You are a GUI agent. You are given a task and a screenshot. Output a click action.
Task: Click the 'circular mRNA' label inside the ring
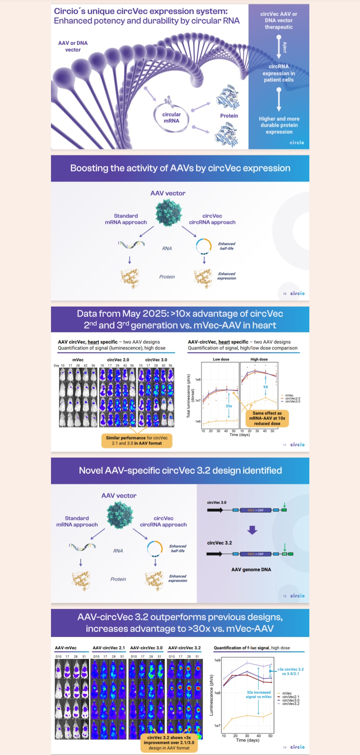[x=171, y=118]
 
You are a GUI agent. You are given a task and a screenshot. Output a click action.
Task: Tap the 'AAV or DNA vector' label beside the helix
[x=73, y=46]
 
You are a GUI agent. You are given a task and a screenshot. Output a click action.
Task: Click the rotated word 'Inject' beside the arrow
[x=285, y=47]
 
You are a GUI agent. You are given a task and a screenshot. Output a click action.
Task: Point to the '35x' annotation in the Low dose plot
[x=229, y=406]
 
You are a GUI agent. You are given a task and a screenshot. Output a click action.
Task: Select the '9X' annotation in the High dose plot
[x=265, y=387]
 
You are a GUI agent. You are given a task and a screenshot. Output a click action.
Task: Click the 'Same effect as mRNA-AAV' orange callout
[x=267, y=418]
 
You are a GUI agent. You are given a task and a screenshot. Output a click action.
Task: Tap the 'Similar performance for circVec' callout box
[x=137, y=441]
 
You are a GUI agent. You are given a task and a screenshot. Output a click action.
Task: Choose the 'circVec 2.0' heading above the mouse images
[x=118, y=360]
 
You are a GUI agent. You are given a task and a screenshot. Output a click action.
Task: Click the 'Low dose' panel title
[x=221, y=359]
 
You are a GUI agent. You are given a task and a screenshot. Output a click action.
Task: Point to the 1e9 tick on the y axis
[x=217, y=660]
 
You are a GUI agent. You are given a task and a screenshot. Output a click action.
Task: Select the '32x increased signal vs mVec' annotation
[x=259, y=694]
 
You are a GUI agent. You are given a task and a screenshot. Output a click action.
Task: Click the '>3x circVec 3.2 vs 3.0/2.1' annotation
[x=290, y=671]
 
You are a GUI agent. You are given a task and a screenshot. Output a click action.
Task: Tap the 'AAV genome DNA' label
[x=251, y=570]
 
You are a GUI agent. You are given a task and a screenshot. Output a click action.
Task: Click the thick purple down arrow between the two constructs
[x=252, y=530]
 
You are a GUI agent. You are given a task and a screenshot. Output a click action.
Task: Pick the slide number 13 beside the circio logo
[x=285, y=747]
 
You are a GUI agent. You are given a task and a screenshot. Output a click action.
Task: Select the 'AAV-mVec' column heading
[x=66, y=648]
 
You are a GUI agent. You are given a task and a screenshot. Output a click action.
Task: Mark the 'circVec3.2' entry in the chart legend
[x=291, y=704]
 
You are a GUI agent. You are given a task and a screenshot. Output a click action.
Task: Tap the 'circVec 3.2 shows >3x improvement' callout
[x=169, y=743]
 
